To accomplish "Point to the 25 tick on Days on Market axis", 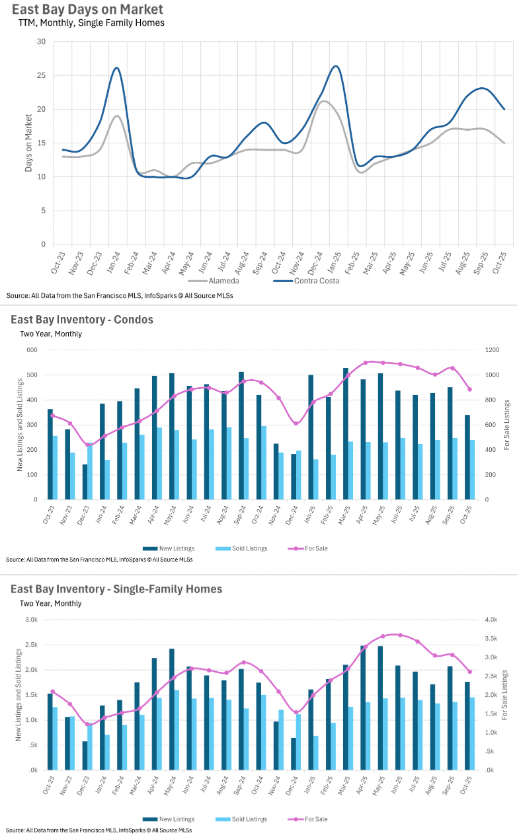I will pyautogui.click(x=41, y=75).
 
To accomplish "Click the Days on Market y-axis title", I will pyautogui.click(x=28, y=143).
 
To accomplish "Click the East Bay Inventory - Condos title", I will pyautogui.click(x=81, y=320).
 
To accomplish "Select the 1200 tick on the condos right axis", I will pyautogui.click(x=491, y=350).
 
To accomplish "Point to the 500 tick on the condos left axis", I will pyautogui.click(x=32, y=375).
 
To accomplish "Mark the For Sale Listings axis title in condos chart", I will pyautogui.click(x=507, y=424).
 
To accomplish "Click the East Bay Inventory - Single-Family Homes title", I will pyautogui.click(x=116, y=589).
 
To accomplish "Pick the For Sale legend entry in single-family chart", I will pyautogui.click(x=315, y=819).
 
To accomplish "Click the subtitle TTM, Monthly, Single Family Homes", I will pyautogui.click(x=91, y=22).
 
